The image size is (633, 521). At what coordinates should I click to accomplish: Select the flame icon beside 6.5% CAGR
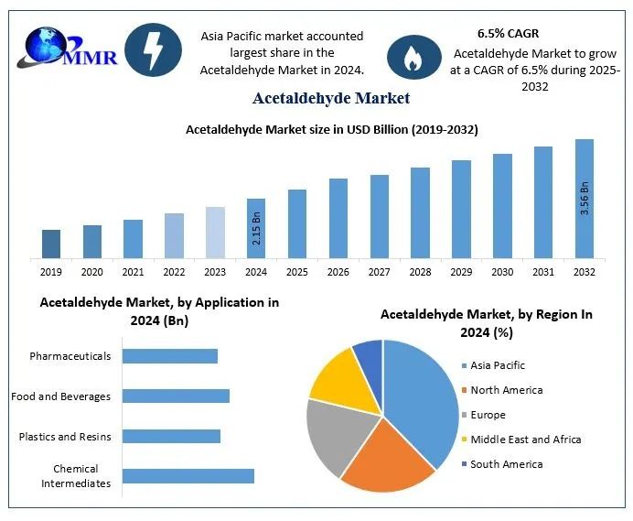click(408, 56)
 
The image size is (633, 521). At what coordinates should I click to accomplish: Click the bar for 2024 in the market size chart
click(256, 228)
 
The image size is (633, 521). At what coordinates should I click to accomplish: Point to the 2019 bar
click(51, 244)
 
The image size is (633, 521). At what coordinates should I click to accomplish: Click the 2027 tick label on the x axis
click(380, 272)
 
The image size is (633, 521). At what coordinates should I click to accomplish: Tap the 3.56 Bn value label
click(585, 199)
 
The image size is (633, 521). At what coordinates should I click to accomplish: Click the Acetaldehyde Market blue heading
click(331, 98)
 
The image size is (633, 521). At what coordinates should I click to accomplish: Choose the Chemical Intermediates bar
click(188, 476)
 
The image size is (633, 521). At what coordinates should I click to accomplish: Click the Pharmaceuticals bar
click(170, 355)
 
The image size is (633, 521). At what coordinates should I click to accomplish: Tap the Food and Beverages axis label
click(61, 396)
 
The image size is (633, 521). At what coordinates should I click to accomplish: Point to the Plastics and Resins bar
click(171, 436)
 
